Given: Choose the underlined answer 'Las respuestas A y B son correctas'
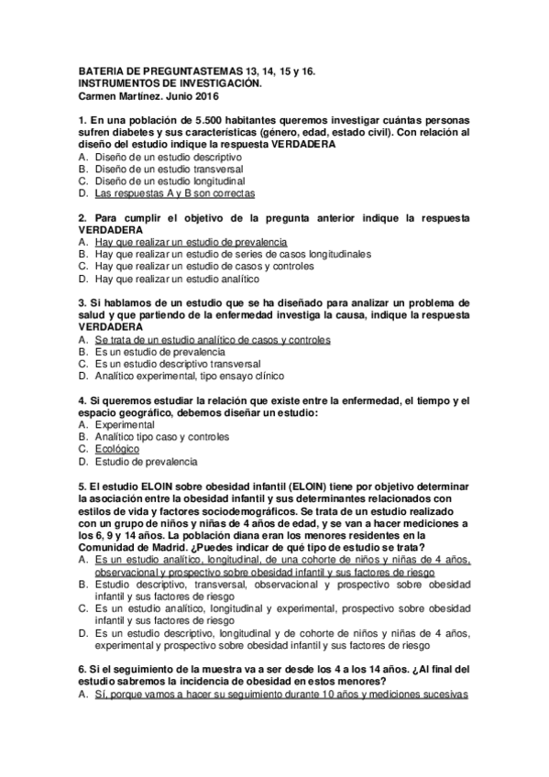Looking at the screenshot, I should pyautogui.click(x=174, y=194).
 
